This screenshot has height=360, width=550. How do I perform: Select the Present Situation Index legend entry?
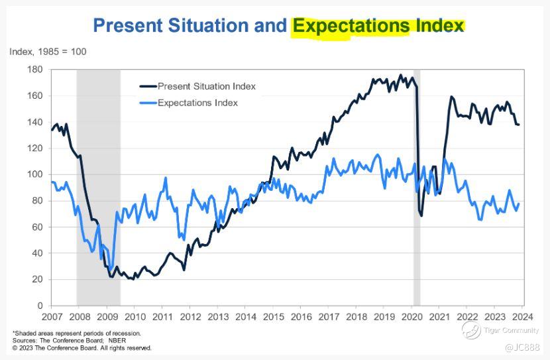[206, 86]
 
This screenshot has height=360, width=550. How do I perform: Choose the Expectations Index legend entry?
[197, 103]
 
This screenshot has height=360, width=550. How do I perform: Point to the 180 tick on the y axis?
[35, 70]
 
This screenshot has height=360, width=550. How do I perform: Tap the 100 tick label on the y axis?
[35, 174]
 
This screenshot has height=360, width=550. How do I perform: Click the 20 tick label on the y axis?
[38, 279]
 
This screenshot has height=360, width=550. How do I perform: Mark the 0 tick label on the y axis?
[40, 306]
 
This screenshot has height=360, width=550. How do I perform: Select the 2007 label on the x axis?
[52, 318]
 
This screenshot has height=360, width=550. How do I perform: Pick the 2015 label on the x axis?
[272, 318]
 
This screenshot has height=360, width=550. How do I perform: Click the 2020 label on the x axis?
[411, 318]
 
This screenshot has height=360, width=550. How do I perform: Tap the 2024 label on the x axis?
[522, 318]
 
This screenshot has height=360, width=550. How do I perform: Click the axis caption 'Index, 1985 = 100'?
[48, 52]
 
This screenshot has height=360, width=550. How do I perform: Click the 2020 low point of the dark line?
[421, 215]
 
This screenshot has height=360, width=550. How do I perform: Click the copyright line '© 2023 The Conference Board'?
[82, 347]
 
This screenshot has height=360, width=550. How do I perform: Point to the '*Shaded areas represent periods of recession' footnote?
[77, 333]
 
